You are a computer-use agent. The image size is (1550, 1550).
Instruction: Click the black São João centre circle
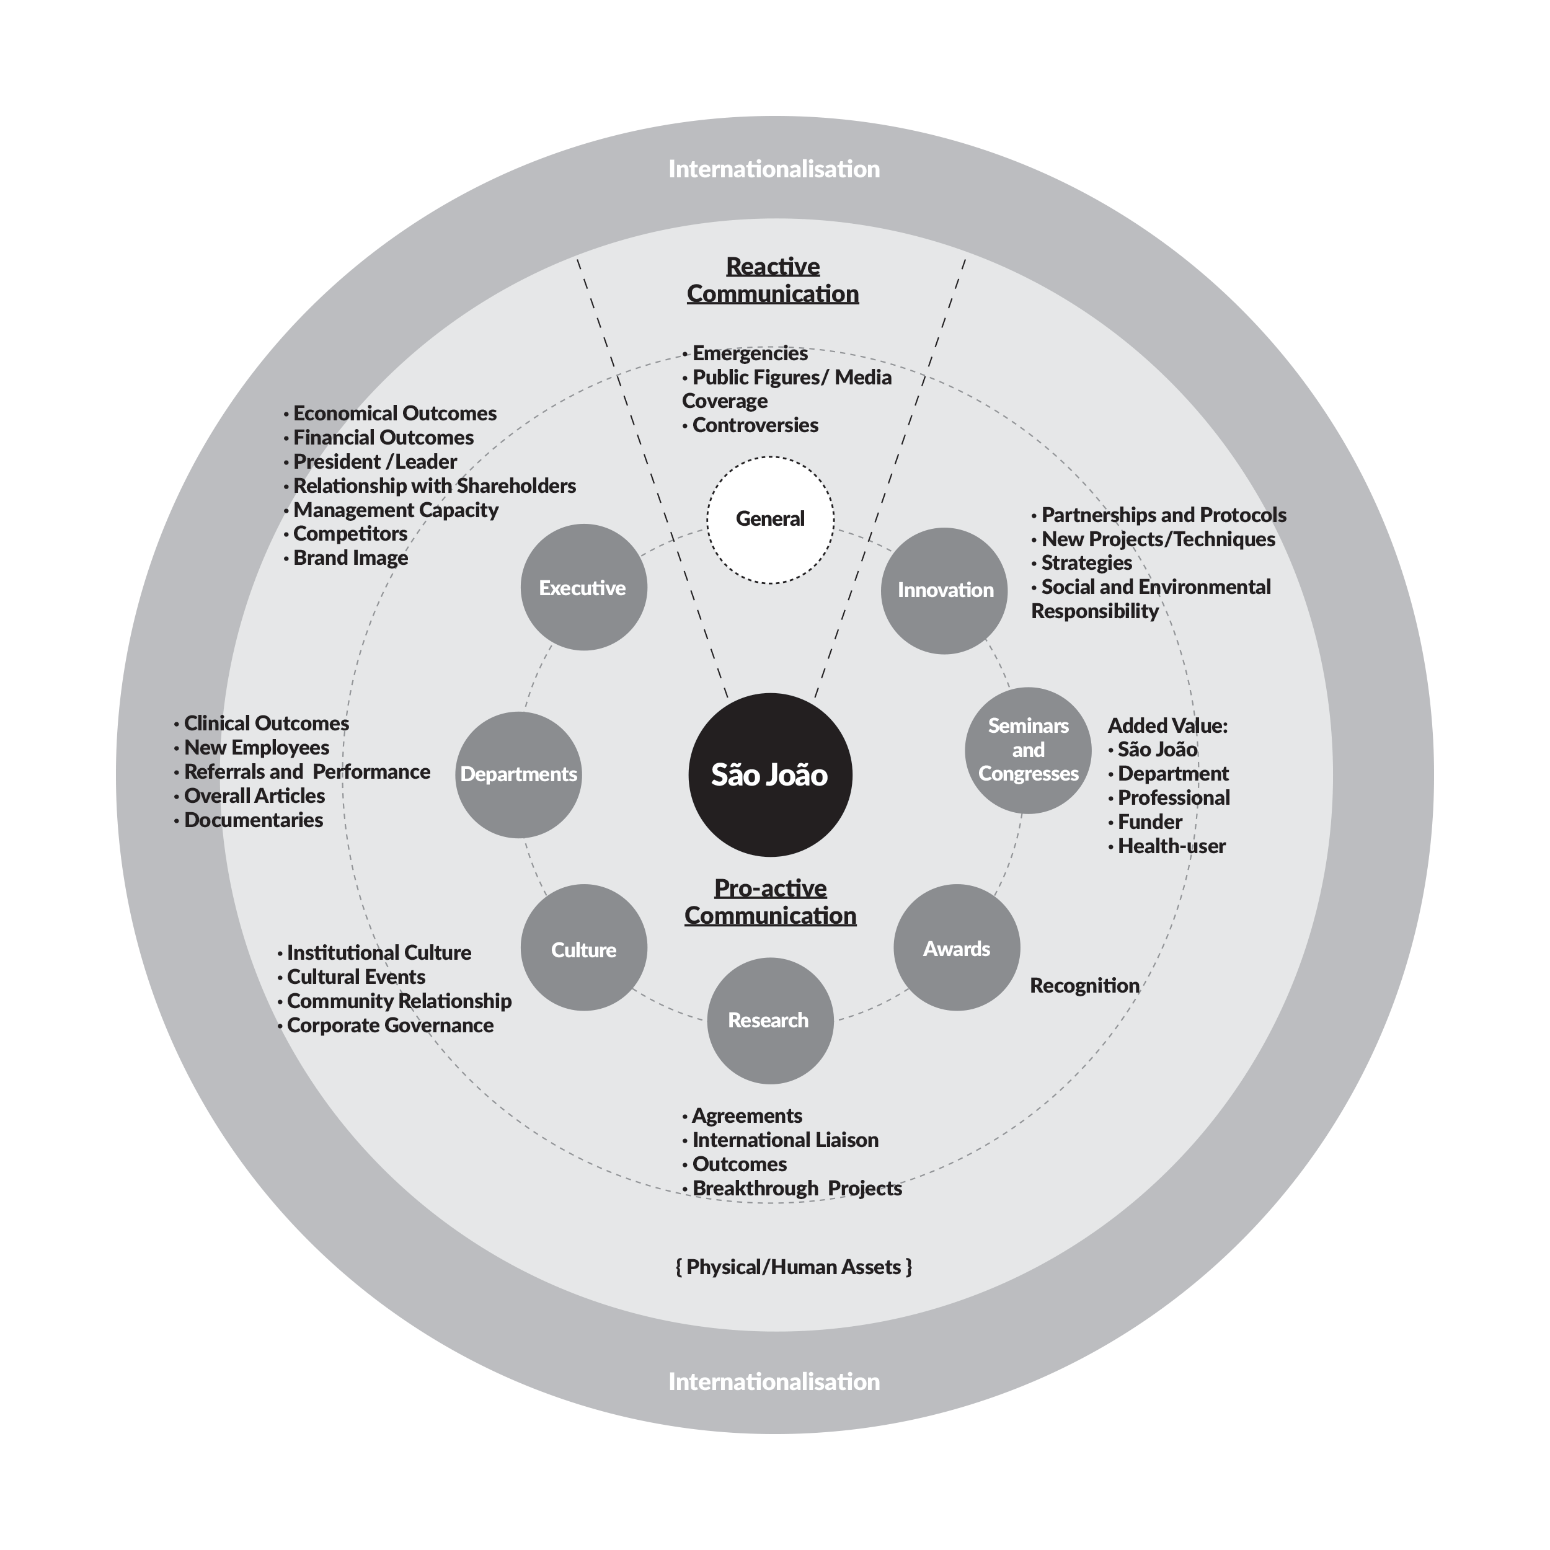pyautogui.click(x=770, y=774)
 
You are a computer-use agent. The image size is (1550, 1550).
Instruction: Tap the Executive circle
pyautogui.click(x=583, y=587)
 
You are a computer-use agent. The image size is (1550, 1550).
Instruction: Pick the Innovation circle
pyautogui.click(x=944, y=590)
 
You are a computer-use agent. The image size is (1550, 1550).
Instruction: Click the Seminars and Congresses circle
pyautogui.click(x=1028, y=750)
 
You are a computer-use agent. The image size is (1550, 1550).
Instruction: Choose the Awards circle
pyautogui.click(x=956, y=947)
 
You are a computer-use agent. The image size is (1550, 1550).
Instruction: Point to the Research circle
pyautogui.click(x=769, y=1020)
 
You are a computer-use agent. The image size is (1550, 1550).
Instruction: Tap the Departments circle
pyautogui.click(x=518, y=774)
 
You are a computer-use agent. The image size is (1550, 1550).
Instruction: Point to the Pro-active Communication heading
pyautogui.click(x=770, y=901)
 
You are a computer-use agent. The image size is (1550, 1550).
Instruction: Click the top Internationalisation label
pyautogui.click(x=774, y=169)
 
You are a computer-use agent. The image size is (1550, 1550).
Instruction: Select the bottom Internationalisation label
pyautogui.click(x=774, y=1381)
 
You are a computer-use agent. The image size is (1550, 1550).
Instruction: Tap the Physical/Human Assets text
pyautogui.click(x=794, y=1267)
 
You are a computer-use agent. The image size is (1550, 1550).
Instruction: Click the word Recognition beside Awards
pyautogui.click(x=1084, y=985)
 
